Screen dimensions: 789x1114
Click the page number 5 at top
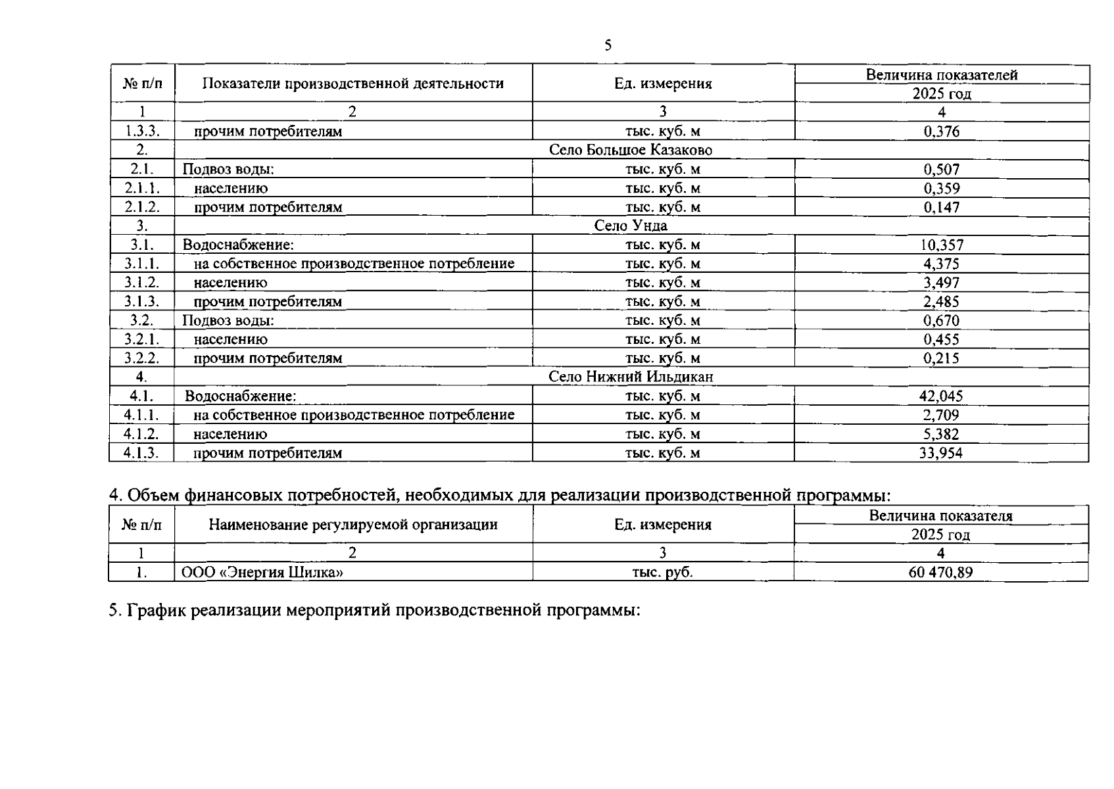pyautogui.click(x=607, y=45)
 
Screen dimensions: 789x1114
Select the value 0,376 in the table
pyautogui.click(x=941, y=131)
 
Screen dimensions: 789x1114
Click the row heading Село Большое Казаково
pyautogui.click(x=630, y=150)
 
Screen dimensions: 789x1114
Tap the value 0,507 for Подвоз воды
pyautogui.click(x=941, y=169)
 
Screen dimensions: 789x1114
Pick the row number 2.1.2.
pyautogui.click(x=142, y=207)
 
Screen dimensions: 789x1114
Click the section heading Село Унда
pyautogui.click(x=630, y=226)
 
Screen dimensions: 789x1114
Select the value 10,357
pyautogui.click(x=941, y=245)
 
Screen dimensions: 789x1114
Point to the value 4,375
pyautogui.click(x=941, y=264)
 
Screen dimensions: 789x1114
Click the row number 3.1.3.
pyautogui.click(x=142, y=302)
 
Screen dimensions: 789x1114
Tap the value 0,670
pyautogui.click(x=941, y=321)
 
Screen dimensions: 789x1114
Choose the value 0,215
pyautogui.click(x=941, y=358)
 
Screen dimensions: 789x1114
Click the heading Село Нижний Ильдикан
pyautogui.click(x=630, y=377)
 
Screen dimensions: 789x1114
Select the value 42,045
pyautogui.click(x=941, y=396)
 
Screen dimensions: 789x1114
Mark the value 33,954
pyautogui.click(x=941, y=453)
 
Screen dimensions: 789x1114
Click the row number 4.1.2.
pyautogui.click(x=142, y=434)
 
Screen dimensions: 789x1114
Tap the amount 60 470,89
pyautogui.click(x=940, y=572)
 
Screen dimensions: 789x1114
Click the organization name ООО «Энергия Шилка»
pyautogui.click(x=262, y=572)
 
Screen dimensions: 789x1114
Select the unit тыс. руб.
pyautogui.click(x=662, y=572)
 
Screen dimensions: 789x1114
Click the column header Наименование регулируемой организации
pyautogui.click(x=353, y=525)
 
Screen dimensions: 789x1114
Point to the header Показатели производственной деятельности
pyautogui.click(x=353, y=84)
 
